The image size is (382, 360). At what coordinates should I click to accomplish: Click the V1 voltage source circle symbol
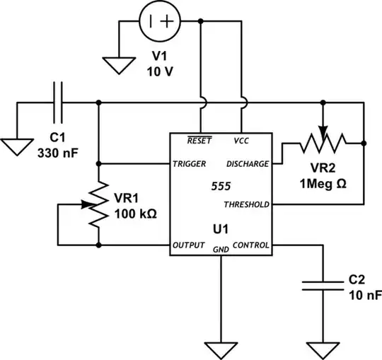click(x=160, y=21)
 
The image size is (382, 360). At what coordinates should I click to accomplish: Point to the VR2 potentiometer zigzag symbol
click(x=323, y=144)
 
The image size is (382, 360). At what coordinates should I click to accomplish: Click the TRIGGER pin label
click(x=189, y=163)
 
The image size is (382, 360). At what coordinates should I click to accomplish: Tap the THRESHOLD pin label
click(x=246, y=204)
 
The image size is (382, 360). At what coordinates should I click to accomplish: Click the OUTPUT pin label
click(x=187, y=245)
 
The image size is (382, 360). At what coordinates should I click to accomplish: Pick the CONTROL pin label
click(x=250, y=245)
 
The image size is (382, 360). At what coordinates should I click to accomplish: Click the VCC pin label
click(x=241, y=140)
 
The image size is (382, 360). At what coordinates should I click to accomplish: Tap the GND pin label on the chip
click(x=221, y=250)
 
